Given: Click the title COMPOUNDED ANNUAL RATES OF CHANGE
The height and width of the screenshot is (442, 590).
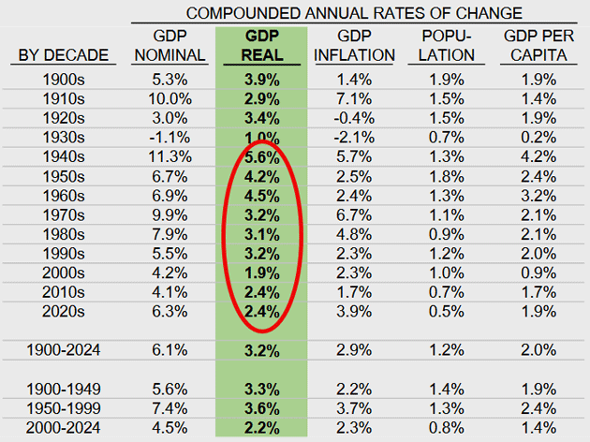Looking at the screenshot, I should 354,12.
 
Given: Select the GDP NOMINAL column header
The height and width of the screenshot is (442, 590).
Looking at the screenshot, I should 169,45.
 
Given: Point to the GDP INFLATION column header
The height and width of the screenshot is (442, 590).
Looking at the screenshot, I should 354,45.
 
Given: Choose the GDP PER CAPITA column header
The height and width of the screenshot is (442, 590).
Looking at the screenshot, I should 538,45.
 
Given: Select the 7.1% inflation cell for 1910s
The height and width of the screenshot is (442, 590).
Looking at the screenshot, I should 355,98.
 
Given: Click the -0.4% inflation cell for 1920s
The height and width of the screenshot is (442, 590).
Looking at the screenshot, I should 353,116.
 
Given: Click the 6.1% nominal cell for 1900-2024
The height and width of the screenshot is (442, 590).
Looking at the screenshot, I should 170,351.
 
